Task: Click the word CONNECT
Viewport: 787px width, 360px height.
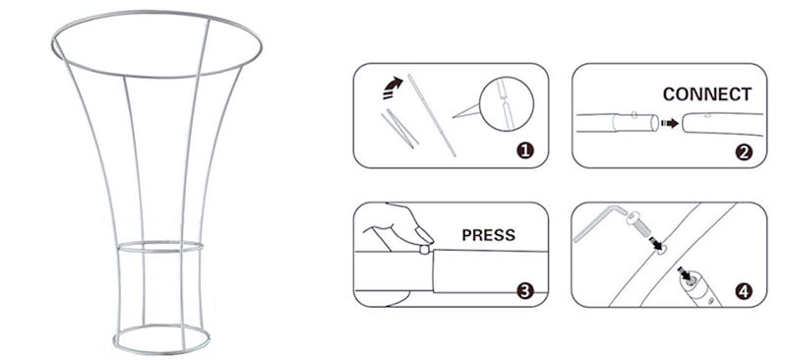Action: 706,94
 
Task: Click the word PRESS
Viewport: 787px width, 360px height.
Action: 488,235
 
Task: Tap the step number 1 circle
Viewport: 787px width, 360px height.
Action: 525,150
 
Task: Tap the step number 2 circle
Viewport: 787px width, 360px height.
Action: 744,151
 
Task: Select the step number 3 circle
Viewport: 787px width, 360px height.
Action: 525,291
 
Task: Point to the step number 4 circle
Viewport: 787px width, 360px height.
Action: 744,291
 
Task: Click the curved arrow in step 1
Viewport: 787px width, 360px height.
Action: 393,88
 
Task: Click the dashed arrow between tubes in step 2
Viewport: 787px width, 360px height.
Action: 670,123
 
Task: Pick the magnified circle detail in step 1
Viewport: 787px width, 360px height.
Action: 506,103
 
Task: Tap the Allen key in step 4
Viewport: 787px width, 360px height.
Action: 597,221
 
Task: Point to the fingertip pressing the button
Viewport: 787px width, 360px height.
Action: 423,235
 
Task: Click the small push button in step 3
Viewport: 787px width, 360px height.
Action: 425,250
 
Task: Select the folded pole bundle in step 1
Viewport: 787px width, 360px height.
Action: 400,129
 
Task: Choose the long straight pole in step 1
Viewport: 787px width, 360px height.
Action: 432,115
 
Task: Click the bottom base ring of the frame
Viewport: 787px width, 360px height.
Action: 161,349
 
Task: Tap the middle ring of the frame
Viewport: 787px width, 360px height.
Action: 160,252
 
